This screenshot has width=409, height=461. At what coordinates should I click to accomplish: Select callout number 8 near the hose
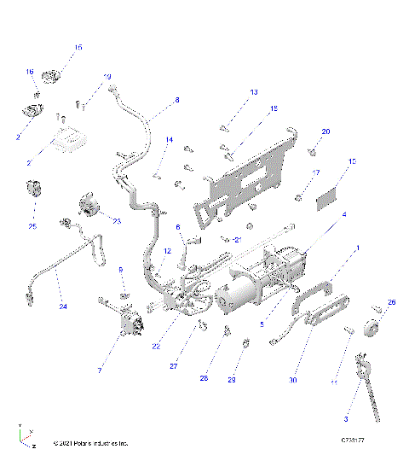tap(177, 101)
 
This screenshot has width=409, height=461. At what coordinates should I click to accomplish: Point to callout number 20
tap(325, 131)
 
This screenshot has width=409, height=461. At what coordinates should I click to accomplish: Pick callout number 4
tap(344, 215)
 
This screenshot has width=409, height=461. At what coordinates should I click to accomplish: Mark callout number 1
tap(358, 248)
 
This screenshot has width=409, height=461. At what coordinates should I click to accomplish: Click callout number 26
tap(392, 302)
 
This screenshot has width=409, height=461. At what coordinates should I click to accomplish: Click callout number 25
tap(32, 227)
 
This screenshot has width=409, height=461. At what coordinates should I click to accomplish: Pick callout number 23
tap(117, 221)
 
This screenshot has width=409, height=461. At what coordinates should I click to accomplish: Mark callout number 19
tap(107, 78)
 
